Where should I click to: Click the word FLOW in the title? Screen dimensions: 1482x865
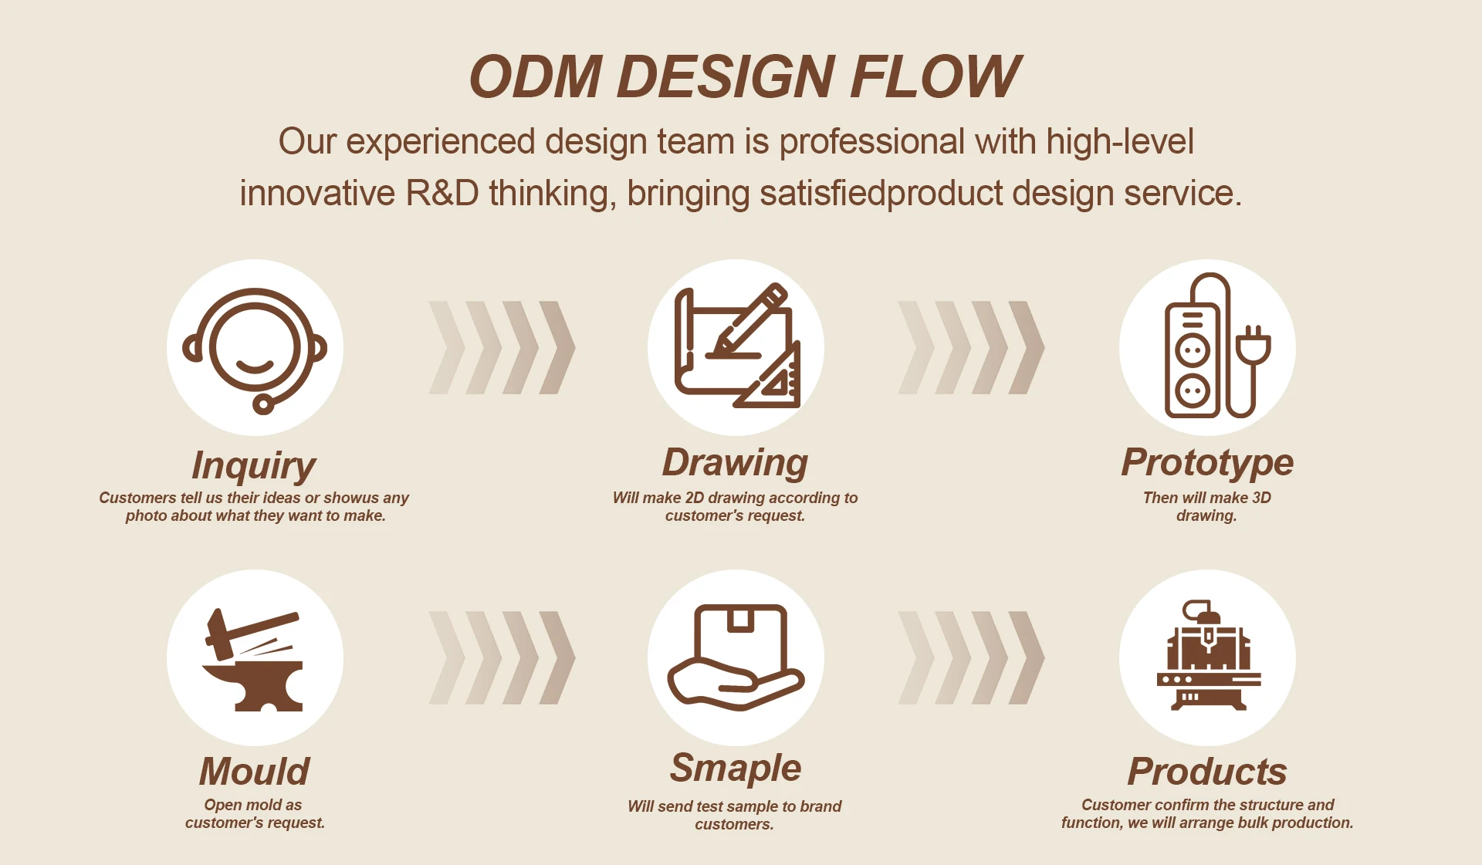click(936, 76)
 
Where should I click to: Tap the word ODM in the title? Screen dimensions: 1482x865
click(536, 76)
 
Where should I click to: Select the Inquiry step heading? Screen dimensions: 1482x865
click(254, 466)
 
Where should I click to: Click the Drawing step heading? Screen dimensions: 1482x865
click(735, 463)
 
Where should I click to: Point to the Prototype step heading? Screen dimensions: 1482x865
click(1207, 463)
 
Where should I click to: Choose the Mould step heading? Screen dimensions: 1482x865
click(255, 771)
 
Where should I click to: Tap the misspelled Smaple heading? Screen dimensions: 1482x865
click(736, 769)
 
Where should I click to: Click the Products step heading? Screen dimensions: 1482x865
click(1207, 771)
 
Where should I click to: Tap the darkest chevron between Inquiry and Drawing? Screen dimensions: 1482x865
click(557, 347)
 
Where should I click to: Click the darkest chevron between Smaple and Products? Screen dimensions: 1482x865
click(1027, 657)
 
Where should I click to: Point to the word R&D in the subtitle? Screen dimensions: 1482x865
click(442, 193)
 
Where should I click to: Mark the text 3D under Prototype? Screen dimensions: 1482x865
click(1261, 498)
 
